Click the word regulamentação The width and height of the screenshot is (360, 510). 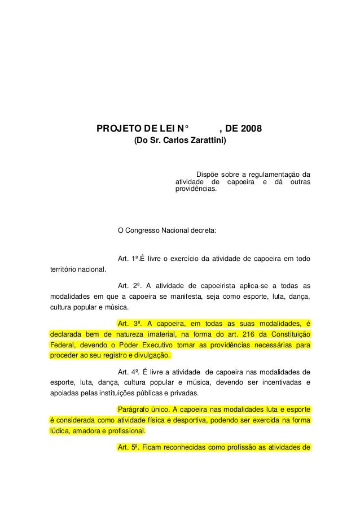(x=276, y=174)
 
